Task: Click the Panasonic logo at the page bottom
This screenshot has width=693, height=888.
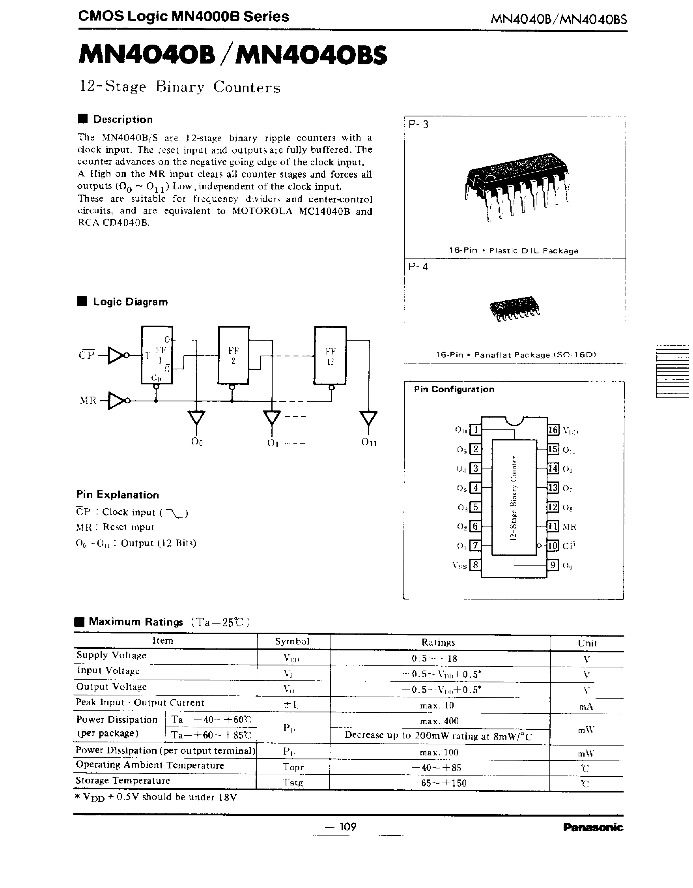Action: (x=592, y=827)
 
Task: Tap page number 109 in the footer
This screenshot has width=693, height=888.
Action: (x=347, y=826)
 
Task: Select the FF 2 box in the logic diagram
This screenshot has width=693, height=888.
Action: (x=233, y=355)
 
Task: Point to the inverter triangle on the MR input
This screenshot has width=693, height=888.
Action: (x=116, y=401)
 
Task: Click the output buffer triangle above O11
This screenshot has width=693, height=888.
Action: (x=368, y=418)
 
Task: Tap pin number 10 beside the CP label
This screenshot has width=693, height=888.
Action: (x=553, y=546)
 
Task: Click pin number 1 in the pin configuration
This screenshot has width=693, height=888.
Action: (x=475, y=430)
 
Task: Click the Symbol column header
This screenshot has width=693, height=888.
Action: (x=293, y=641)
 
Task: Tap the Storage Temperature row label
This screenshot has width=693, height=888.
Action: (x=123, y=780)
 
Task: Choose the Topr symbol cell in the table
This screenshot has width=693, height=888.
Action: (x=293, y=767)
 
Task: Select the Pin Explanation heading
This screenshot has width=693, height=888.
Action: (x=118, y=495)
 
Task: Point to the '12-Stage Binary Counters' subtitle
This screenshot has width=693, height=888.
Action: (x=179, y=86)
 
